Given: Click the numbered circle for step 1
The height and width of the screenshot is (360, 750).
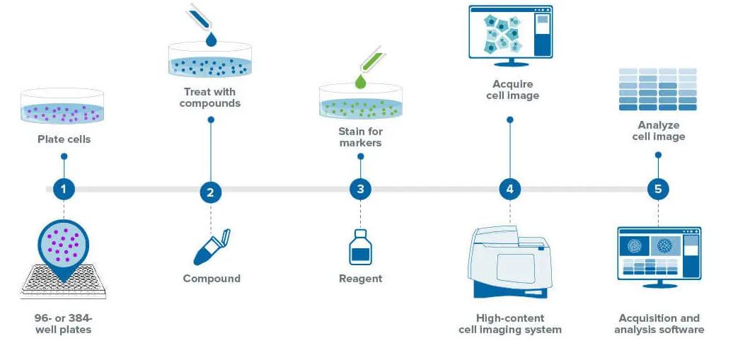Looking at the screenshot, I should tap(64, 189).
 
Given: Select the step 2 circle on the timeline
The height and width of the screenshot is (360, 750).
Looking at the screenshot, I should tap(210, 192).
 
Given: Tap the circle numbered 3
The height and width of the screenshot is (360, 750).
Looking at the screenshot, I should tap(360, 189).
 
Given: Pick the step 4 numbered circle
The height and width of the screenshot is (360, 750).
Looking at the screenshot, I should tap(509, 189).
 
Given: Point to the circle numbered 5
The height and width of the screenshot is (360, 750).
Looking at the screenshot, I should tap(658, 189).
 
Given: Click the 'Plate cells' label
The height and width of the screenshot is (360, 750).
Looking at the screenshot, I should tap(64, 139).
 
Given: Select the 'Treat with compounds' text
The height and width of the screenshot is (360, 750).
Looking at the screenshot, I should tap(210, 98).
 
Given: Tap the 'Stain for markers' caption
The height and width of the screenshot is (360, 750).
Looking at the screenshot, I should tap(360, 137).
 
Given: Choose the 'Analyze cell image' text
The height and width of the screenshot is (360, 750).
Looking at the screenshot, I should tap(658, 131).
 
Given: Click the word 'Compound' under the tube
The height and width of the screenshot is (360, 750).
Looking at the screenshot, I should tap(212, 279).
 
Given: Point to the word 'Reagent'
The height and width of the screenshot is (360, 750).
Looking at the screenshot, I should tap(360, 279).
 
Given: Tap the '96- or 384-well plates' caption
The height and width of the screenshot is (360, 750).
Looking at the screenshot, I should tap(64, 324).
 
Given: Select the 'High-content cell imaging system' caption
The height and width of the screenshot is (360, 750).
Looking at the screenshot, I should tap(510, 324).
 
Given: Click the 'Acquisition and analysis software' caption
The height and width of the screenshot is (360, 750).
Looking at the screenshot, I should tap(659, 324).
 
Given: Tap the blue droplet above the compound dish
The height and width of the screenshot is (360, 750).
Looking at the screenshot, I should tap(210, 40).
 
